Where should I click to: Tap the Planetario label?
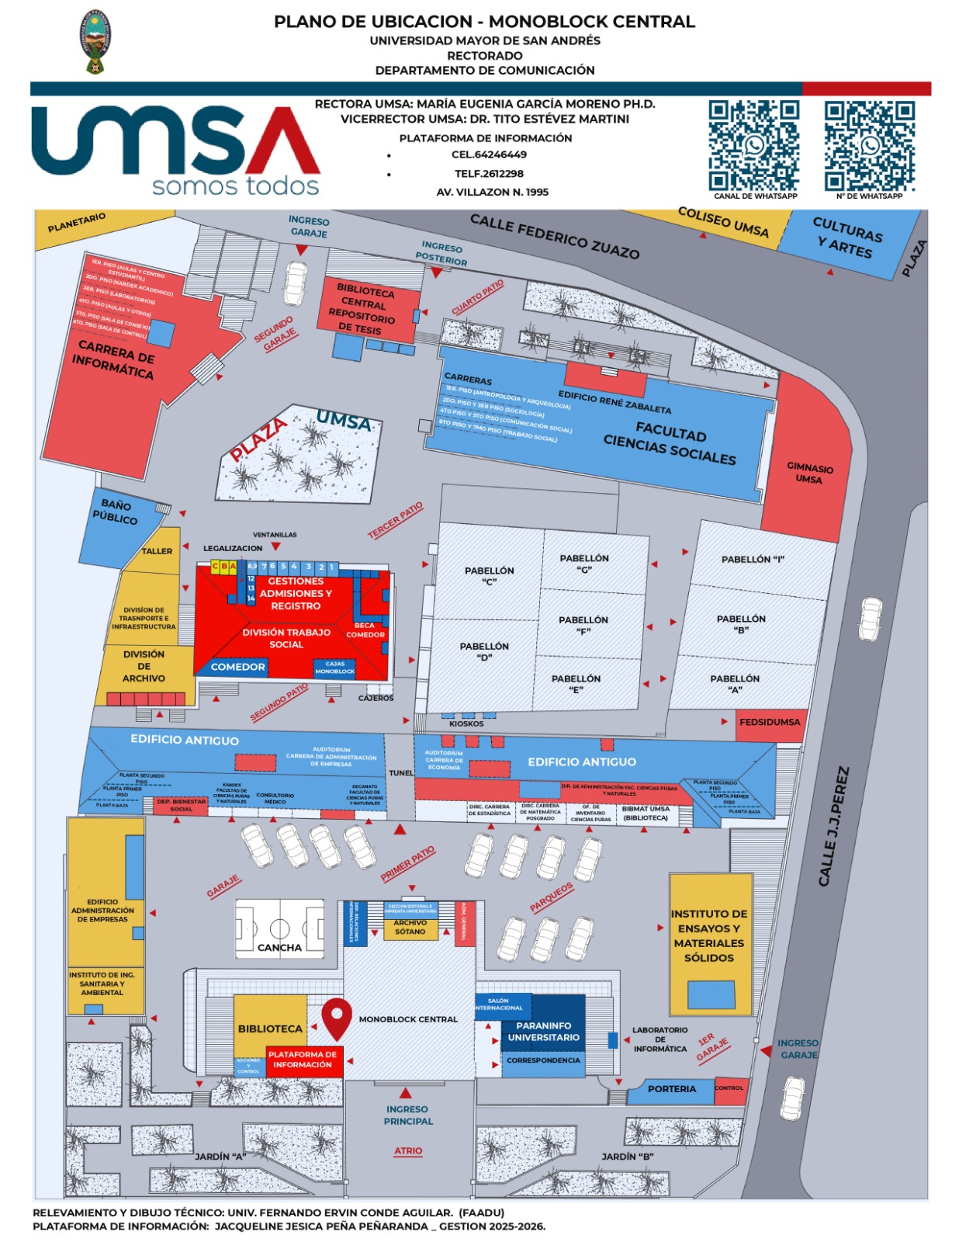click(76, 223)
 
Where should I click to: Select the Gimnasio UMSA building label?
click(809, 474)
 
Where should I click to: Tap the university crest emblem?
click(97, 41)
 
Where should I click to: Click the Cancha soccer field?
click(280, 928)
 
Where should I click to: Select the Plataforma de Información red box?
click(303, 1060)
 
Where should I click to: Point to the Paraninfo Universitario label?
click(543, 1031)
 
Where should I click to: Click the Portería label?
click(672, 1089)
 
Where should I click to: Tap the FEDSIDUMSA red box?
click(769, 722)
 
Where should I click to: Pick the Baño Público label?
click(116, 512)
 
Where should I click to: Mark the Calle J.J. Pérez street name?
click(833, 826)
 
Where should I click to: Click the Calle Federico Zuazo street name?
click(554, 236)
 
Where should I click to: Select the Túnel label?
click(401, 773)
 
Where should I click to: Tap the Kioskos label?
click(466, 723)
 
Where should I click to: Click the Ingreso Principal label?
click(408, 1115)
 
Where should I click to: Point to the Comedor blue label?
click(237, 667)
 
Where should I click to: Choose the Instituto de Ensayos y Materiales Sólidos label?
click(709, 935)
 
